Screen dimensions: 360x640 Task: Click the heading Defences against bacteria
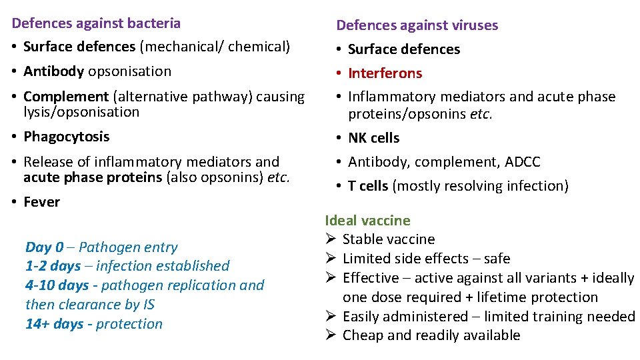point(96,23)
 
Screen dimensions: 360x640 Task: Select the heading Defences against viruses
point(417,25)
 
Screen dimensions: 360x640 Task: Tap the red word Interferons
point(385,73)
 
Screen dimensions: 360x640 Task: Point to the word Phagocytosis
point(66,137)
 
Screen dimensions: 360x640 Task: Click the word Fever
point(41,202)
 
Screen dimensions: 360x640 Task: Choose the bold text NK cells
point(373,138)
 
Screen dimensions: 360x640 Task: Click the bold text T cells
point(368,186)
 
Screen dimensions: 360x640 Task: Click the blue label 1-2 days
point(53,266)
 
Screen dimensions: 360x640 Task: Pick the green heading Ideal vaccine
point(367,221)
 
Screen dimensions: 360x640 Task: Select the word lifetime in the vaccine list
point(500,297)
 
